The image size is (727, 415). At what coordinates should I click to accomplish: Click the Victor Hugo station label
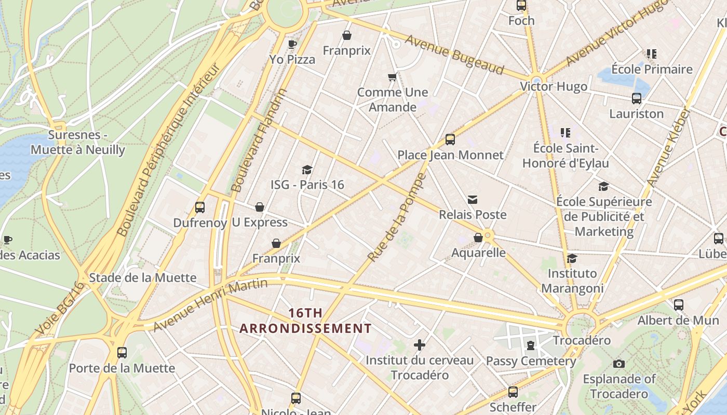click(x=554, y=86)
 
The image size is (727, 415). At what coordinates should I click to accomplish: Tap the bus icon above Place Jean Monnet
click(x=450, y=140)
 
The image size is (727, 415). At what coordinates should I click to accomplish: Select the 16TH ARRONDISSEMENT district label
click(x=305, y=321)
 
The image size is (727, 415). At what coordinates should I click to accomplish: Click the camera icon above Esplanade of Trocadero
click(x=618, y=364)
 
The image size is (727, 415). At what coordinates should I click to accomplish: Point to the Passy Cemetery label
click(x=531, y=361)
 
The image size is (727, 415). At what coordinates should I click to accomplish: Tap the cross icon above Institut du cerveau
click(x=420, y=345)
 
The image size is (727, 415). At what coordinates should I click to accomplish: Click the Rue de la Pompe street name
click(x=396, y=218)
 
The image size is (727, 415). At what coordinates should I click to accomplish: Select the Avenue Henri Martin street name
click(x=210, y=305)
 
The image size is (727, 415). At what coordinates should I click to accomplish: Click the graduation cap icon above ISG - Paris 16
click(x=307, y=170)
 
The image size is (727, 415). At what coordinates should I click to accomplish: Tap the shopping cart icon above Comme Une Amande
click(x=393, y=77)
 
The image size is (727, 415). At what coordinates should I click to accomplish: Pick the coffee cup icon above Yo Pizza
click(x=292, y=44)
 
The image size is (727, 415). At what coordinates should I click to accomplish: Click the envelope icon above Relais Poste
click(x=472, y=200)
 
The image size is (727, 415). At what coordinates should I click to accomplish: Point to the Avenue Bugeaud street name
click(x=454, y=55)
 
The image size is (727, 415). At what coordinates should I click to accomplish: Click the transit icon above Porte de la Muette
click(x=122, y=353)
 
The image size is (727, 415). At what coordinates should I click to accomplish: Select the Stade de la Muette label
click(x=143, y=278)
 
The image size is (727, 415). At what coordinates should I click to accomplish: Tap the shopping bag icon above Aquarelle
click(x=478, y=238)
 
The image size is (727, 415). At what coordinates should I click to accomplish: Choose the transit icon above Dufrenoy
click(x=200, y=208)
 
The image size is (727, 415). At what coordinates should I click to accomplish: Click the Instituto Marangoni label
click(x=572, y=281)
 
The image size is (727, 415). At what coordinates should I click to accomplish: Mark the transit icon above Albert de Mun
click(x=678, y=305)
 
